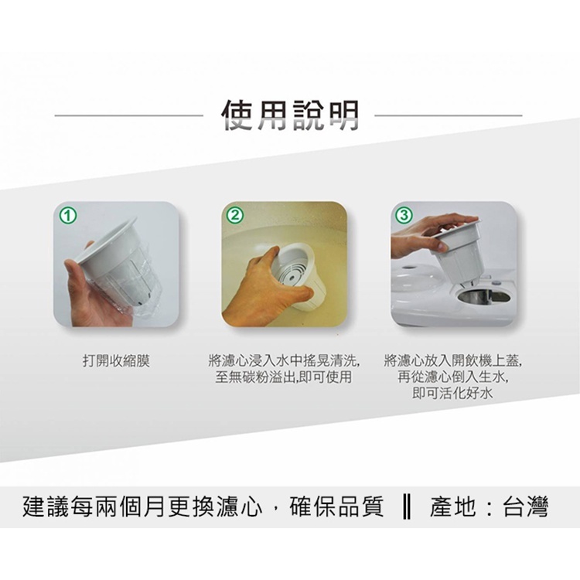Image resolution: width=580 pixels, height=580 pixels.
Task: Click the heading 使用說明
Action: click(290, 115)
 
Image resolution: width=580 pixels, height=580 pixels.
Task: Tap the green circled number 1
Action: click(68, 216)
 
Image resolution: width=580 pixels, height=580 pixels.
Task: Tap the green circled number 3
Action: click(404, 216)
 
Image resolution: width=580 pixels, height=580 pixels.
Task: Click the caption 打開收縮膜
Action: click(116, 360)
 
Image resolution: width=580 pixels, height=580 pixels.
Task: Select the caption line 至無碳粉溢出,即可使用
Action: click(283, 377)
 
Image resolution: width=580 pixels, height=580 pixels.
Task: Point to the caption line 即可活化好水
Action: click(452, 393)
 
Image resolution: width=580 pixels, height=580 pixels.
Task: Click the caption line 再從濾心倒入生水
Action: click(452, 377)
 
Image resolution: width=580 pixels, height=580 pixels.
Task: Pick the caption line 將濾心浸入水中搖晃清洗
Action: click(284, 360)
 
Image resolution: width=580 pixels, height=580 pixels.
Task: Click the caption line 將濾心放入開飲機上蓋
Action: click(453, 360)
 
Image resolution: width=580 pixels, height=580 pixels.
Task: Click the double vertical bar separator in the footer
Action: click(406, 507)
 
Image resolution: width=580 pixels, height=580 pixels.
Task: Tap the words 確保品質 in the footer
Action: click(337, 507)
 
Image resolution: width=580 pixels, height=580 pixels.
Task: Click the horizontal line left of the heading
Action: click(128, 115)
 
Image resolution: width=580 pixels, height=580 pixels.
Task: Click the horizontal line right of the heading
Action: click(449, 115)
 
